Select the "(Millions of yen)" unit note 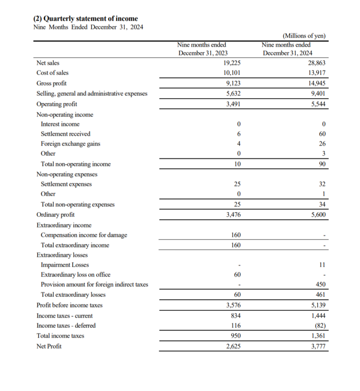[303, 36]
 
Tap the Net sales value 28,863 [316, 63]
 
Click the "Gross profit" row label [51, 83]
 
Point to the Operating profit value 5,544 [318, 104]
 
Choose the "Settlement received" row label [66, 134]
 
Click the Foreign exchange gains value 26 [322, 144]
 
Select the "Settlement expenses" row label [66, 184]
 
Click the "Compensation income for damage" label [84, 235]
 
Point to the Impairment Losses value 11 [322, 265]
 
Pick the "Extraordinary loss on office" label [76, 275]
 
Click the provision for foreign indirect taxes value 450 [320, 285]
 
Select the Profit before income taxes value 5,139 [318, 305]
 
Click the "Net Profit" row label [49, 346]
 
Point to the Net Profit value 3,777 [318, 346]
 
